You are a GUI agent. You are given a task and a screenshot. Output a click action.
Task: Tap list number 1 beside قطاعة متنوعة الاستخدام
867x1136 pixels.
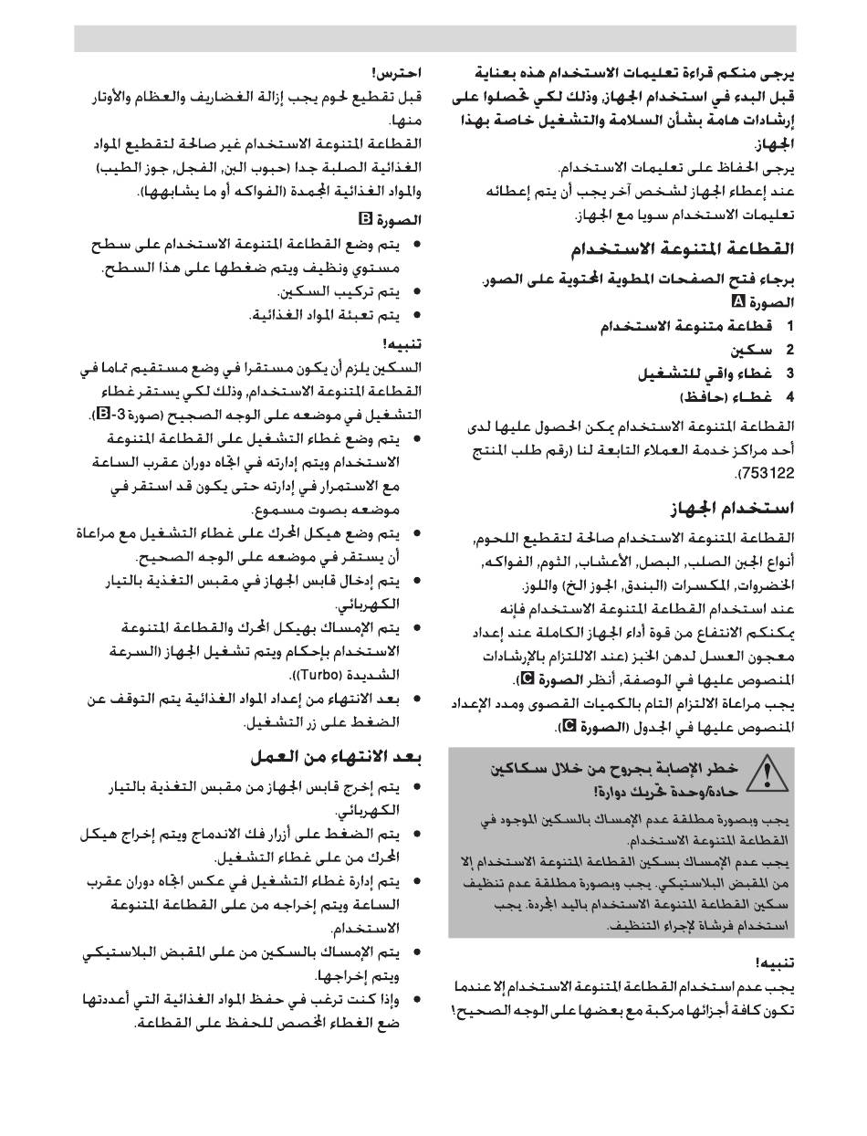790,326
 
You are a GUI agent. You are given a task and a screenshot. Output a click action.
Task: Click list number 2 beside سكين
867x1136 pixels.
790,350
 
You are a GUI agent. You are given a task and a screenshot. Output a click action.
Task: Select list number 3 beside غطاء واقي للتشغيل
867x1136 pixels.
790,373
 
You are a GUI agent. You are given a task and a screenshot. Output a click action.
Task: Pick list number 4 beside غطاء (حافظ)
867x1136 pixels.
790,396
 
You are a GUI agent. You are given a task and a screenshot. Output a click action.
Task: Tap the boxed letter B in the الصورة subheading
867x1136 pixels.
366,219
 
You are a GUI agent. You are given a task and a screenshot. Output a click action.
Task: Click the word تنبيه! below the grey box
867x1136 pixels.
775,962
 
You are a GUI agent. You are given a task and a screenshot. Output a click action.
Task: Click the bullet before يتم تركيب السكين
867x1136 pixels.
417,292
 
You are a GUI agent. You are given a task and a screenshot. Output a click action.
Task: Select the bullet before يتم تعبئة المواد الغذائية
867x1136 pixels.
417,316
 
